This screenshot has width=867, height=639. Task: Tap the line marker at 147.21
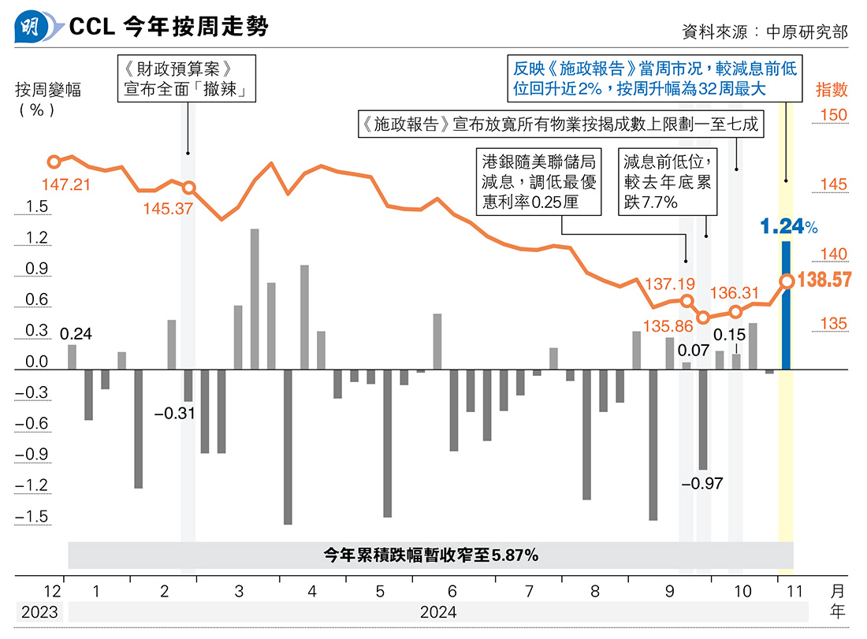tap(54, 162)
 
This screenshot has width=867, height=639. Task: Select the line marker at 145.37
tap(188, 188)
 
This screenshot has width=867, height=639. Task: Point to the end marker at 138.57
tap(787, 280)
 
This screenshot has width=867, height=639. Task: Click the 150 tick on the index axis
tap(832, 115)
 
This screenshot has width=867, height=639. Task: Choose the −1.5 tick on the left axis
tap(32, 517)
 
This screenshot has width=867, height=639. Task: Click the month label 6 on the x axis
tap(452, 591)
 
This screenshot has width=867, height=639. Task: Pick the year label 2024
tap(438, 611)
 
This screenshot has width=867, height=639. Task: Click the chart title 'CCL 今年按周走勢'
tap(169, 28)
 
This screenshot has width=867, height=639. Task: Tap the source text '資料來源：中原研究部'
tap(765, 32)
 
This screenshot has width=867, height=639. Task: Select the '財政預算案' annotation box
tap(188, 78)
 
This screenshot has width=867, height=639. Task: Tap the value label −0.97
tap(701, 483)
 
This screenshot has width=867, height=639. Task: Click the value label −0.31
tap(174, 412)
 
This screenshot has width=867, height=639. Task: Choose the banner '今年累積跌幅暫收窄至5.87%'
tap(430, 555)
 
